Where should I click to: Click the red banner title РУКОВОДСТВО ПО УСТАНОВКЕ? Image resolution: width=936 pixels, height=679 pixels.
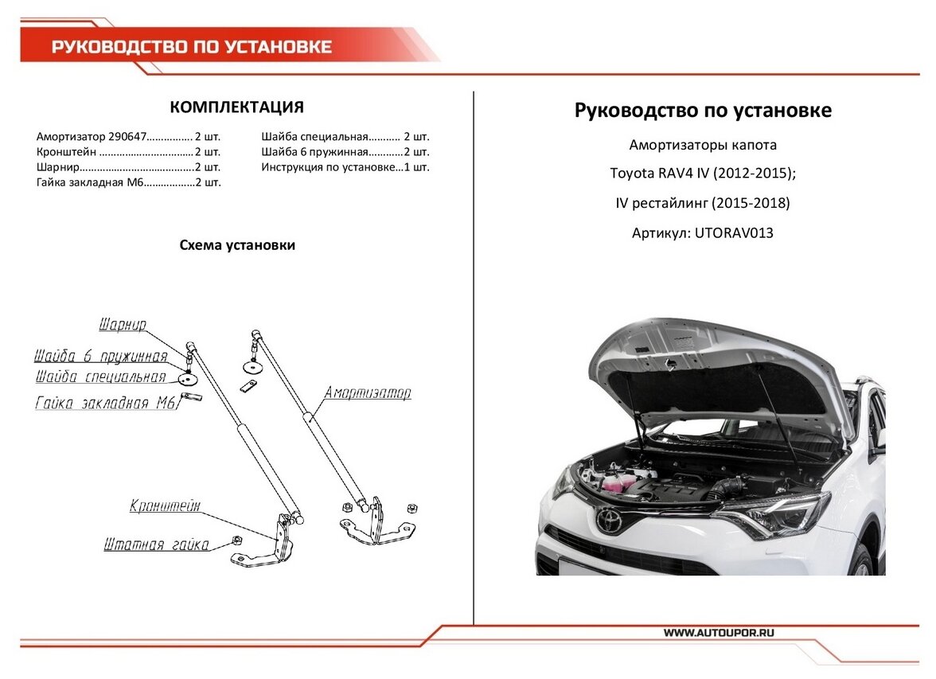(x=192, y=47)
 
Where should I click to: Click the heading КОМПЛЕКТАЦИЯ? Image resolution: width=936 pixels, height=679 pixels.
(x=236, y=107)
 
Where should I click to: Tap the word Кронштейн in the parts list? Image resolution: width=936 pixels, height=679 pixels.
(x=67, y=151)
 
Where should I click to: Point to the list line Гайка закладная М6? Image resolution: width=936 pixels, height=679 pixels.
(x=91, y=182)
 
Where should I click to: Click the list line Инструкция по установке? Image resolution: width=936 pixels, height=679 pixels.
(x=330, y=167)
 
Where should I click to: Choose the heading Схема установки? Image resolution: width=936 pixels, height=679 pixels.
(x=237, y=245)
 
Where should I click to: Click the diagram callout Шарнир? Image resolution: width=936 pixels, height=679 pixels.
(x=123, y=325)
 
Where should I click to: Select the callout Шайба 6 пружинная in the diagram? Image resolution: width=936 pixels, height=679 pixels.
(x=100, y=356)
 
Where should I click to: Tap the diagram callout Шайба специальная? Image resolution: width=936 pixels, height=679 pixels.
(x=100, y=377)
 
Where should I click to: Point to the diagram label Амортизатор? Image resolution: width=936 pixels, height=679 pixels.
(x=367, y=392)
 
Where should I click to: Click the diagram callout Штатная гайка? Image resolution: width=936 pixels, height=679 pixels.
(x=156, y=545)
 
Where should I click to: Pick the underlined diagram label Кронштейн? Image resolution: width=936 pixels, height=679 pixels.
(x=165, y=505)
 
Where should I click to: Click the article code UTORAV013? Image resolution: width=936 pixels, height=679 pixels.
(x=734, y=233)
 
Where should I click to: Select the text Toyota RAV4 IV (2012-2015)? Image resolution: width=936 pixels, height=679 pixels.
(x=702, y=174)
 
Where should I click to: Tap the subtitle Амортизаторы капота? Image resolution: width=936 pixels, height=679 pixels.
(x=702, y=145)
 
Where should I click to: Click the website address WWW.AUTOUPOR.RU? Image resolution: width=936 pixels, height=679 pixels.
(x=719, y=632)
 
